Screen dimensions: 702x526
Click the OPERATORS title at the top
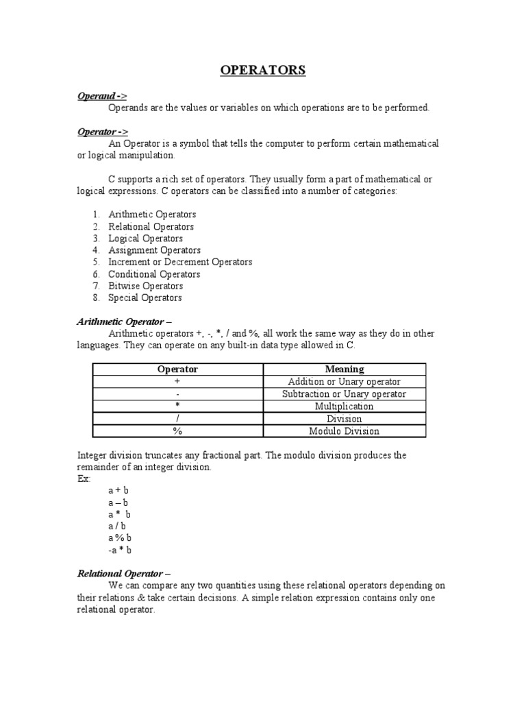[262, 71]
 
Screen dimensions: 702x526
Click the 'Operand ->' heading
[102, 96]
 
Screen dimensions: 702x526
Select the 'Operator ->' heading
[103, 132]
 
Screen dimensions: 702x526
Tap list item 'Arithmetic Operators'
[152, 215]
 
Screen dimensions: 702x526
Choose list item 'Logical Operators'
[145, 239]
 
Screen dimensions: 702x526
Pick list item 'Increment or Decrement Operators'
[180, 262]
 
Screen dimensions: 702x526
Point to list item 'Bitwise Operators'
[145, 286]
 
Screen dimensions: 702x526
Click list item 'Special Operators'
[145, 298]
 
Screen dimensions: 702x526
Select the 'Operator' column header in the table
[177, 370]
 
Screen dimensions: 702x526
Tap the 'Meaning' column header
[344, 370]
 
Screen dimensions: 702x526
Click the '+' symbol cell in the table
[177, 382]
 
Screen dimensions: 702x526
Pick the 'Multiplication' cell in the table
[344, 407]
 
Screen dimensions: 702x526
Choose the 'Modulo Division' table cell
[344, 431]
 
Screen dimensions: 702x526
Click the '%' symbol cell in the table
[177, 431]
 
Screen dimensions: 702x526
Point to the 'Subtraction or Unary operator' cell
[344, 394]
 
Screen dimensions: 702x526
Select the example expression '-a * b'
[119, 550]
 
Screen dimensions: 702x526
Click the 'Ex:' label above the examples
[84, 479]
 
